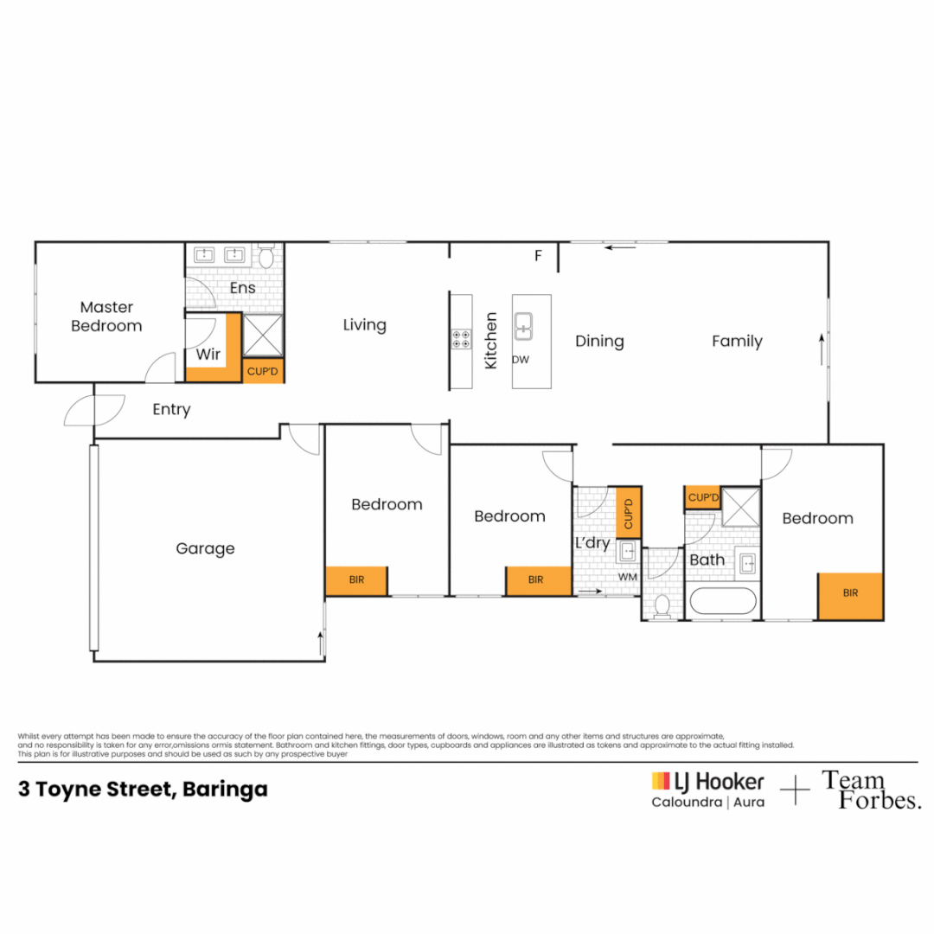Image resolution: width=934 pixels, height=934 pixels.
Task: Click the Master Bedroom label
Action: [106, 317]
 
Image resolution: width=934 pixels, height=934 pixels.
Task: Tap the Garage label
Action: [205, 548]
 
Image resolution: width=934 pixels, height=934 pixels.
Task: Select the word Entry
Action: [171, 410]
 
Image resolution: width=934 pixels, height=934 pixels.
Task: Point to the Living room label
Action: [364, 325]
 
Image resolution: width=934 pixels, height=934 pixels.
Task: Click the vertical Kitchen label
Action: [491, 341]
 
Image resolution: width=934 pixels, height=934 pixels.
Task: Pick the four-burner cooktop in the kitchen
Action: [461, 338]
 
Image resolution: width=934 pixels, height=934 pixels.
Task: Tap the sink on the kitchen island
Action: [524, 325]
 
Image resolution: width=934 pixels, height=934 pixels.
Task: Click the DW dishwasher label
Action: [521, 360]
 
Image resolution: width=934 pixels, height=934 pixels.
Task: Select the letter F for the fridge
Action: [538, 256]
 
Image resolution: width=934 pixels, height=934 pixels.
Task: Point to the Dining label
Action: [599, 342]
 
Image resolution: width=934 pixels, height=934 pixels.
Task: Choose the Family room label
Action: [737, 342]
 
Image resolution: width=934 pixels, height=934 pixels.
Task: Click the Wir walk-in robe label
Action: [208, 355]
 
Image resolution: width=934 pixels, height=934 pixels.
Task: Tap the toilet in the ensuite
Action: [266, 256]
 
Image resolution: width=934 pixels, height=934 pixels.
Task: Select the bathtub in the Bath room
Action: [722, 603]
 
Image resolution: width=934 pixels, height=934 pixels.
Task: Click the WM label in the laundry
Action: [627, 577]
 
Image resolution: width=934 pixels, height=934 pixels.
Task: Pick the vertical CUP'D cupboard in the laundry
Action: [629, 514]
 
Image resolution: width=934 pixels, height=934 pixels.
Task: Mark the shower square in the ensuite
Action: [264, 335]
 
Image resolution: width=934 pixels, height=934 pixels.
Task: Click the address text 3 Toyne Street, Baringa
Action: [143, 790]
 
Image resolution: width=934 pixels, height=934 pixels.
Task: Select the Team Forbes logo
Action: [870, 790]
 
